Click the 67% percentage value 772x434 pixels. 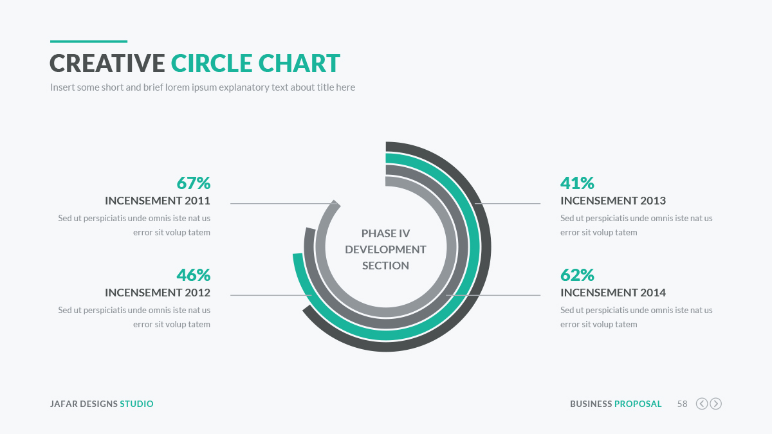(x=193, y=183)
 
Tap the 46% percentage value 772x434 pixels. (x=193, y=275)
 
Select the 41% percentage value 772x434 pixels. (x=577, y=183)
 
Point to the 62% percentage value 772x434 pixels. (x=577, y=275)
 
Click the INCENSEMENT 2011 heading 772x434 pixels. (x=158, y=201)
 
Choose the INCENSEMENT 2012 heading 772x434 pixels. (x=158, y=293)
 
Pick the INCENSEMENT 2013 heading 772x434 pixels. (x=613, y=201)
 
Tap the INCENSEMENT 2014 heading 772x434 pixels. (x=613, y=293)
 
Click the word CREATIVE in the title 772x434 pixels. (x=107, y=64)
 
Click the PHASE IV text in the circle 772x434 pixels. (x=385, y=233)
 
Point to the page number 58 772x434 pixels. (x=682, y=404)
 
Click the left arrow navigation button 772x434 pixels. (x=702, y=404)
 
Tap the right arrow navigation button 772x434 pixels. (x=715, y=404)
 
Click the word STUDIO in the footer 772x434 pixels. (x=136, y=404)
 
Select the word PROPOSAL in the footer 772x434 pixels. (x=638, y=404)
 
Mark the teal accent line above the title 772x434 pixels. (x=89, y=41)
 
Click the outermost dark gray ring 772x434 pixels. (x=485, y=247)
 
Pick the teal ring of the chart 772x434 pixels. (x=474, y=247)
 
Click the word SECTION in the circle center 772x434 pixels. (x=385, y=266)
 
